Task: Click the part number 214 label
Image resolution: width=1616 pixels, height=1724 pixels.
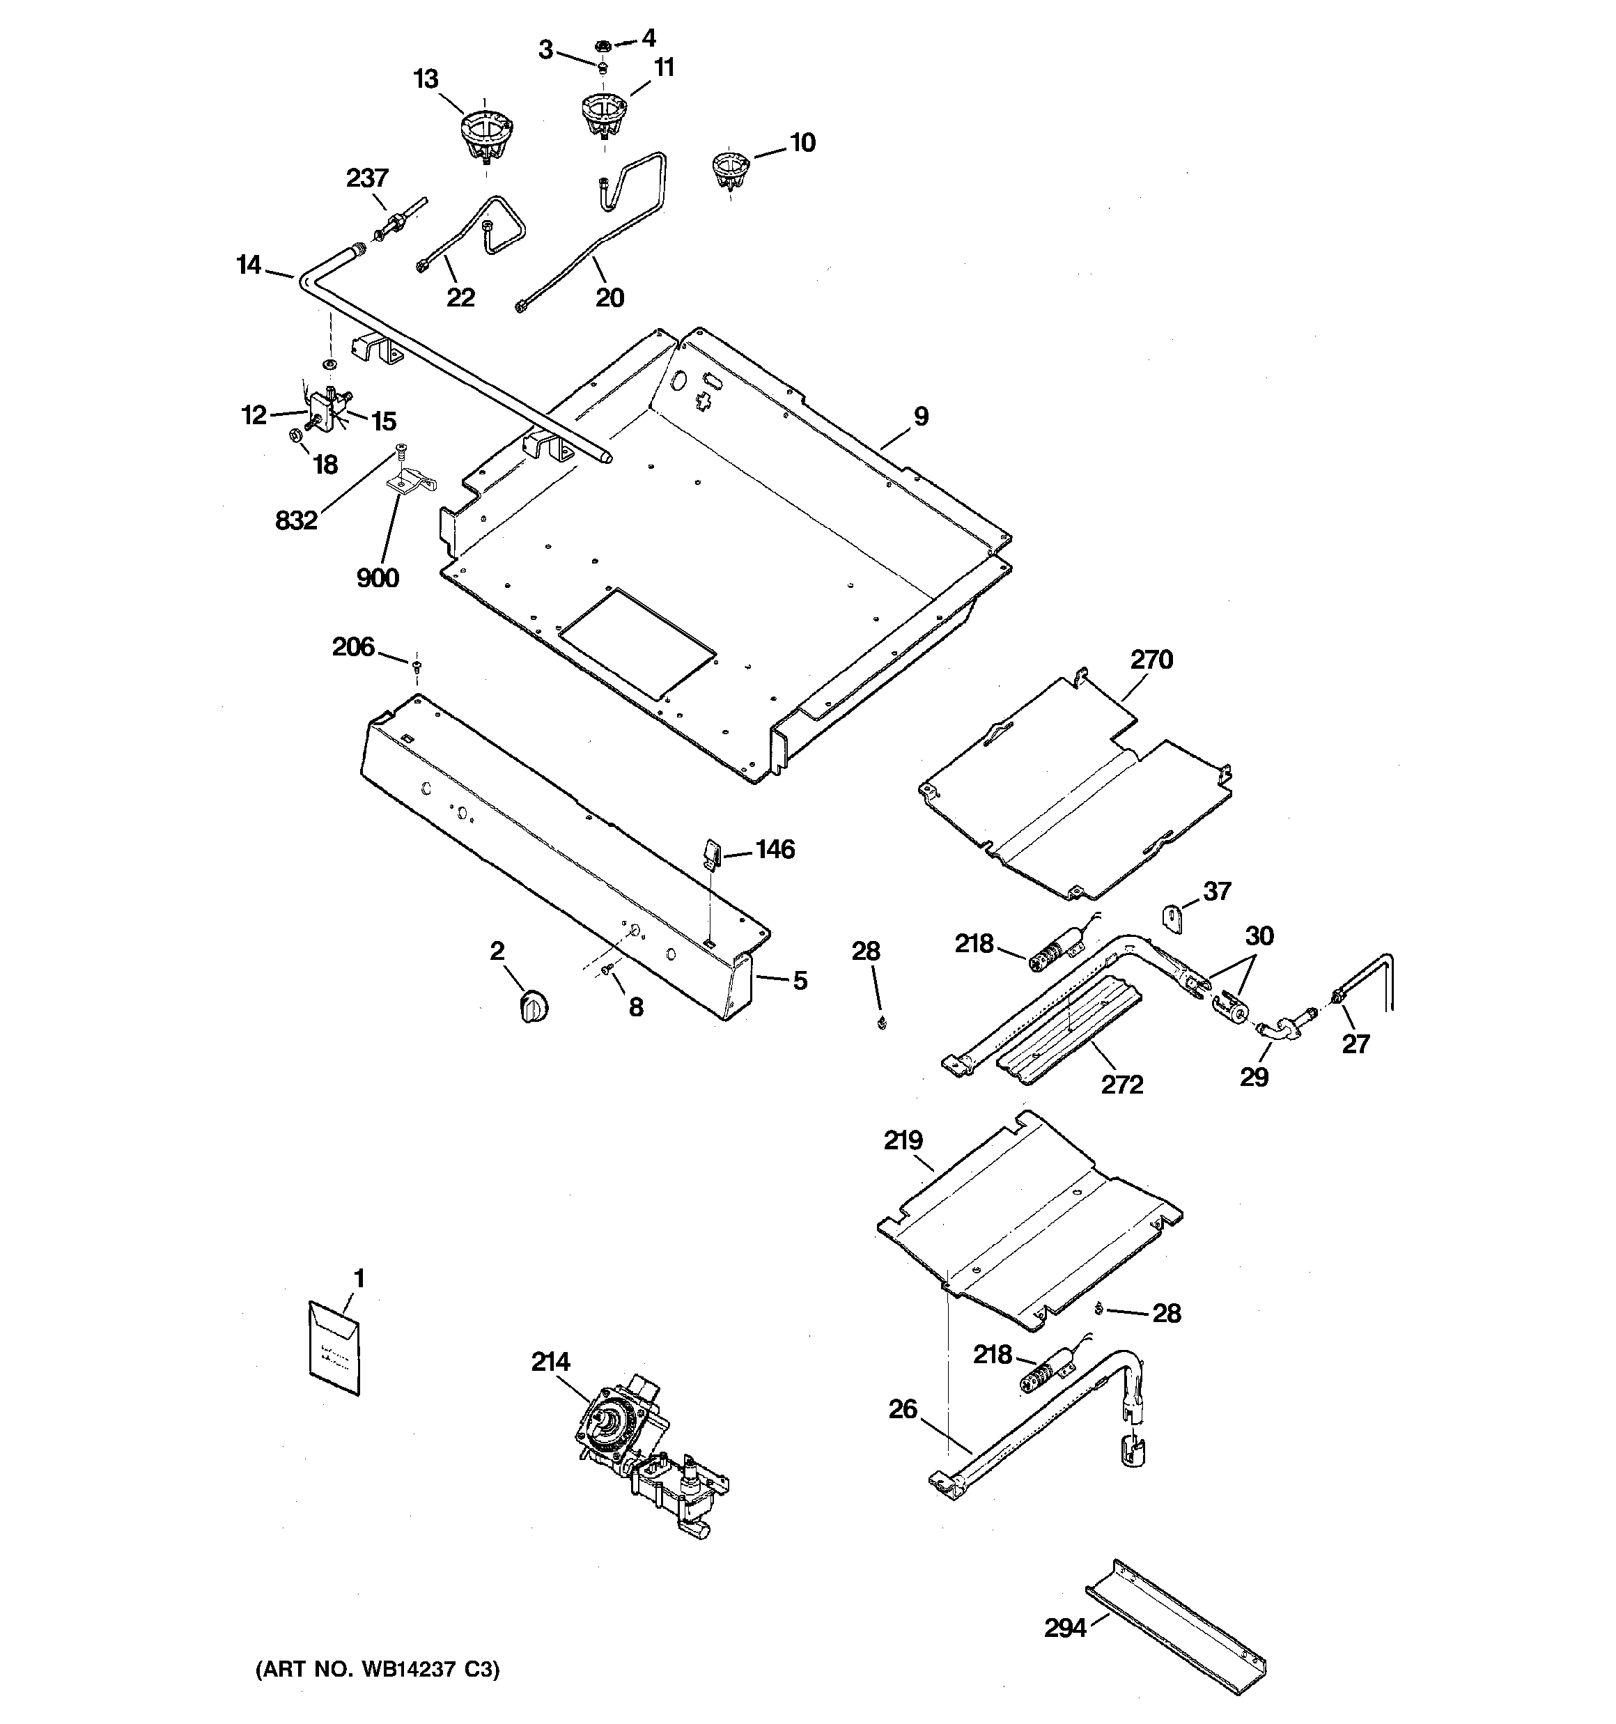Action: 550,1362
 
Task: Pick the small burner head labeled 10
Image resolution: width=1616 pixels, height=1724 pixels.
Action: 729,169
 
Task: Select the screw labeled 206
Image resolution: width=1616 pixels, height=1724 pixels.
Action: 417,666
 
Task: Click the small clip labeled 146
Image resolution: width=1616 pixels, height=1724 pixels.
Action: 710,853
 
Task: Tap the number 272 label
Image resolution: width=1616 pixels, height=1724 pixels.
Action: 1121,1084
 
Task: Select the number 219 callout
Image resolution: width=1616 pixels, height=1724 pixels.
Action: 903,1140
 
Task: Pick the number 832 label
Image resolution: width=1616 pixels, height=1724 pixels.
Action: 296,520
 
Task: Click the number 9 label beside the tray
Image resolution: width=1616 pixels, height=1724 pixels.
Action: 920,417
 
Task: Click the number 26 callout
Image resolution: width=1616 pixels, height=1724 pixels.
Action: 902,1408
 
